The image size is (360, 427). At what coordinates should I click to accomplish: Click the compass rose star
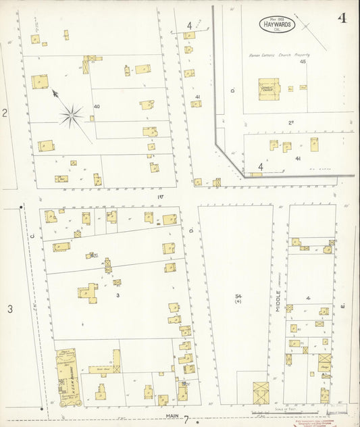pyautogui.click(x=72, y=116)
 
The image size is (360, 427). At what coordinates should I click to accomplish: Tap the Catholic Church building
pyautogui.click(x=267, y=89)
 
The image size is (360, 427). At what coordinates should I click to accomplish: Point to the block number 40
pyautogui.click(x=97, y=107)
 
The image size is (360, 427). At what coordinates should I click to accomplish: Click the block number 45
pyautogui.click(x=303, y=62)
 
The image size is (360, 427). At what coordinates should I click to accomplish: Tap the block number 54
pyautogui.click(x=238, y=297)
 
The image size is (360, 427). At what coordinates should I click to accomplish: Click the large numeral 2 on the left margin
pyautogui.click(x=5, y=113)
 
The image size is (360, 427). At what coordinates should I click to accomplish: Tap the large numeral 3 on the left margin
pyautogui.click(x=10, y=309)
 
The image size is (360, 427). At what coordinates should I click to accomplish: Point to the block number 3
pyautogui.click(x=118, y=295)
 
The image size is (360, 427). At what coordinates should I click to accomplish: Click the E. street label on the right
pyautogui.click(x=343, y=307)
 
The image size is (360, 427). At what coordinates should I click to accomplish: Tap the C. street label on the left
pyautogui.click(x=32, y=236)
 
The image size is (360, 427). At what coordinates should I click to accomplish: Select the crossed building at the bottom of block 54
pyautogui.click(x=260, y=391)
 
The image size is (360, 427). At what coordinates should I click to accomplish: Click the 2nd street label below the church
pyautogui.click(x=292, y=122)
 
